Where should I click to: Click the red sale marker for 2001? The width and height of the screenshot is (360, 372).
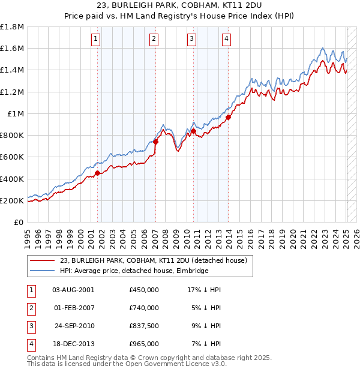click(x=97, y=173)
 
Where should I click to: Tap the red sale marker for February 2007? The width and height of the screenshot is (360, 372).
click(x=155, y=142)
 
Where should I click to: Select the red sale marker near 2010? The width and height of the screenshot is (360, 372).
click(x=194, y=131)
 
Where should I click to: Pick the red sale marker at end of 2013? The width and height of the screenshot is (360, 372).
click(x=229, y=118)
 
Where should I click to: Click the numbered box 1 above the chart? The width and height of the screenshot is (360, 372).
click(x=96, y=40)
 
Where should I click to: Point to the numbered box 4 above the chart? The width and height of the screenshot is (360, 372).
click(x=226, y=40)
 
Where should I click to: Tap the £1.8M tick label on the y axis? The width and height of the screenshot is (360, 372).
click(x=12, y=27)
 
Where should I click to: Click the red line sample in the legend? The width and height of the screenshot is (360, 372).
click(x=42, y=260)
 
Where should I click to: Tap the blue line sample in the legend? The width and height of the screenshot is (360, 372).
click(x=42, y=271)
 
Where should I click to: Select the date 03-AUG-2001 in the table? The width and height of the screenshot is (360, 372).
click(x=73, y=290)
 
